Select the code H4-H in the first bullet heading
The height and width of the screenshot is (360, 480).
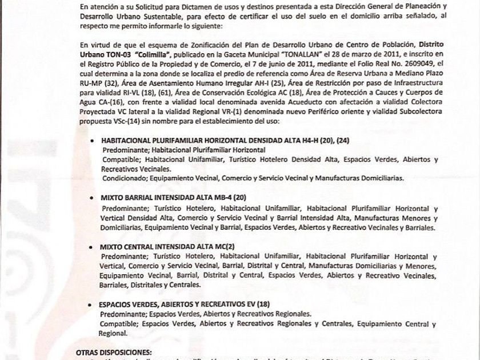279,139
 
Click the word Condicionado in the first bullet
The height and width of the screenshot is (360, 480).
125,178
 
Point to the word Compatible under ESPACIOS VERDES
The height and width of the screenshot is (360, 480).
118,323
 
